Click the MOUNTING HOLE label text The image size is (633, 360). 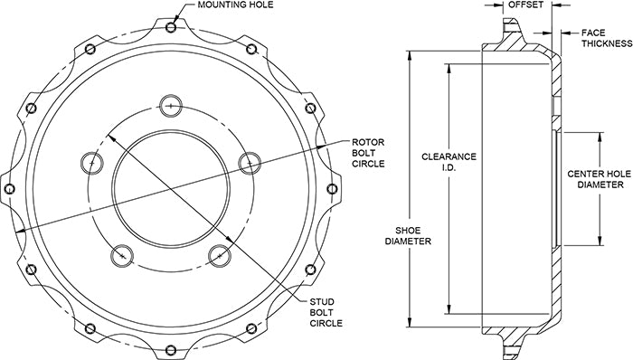point(235,5)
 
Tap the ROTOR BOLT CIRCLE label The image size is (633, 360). point(368,153)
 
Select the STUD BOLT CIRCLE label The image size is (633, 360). point(326,312)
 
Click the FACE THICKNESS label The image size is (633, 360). point(607,38)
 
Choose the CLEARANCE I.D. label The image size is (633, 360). point(449,161)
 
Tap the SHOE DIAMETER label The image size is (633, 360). point(408,236)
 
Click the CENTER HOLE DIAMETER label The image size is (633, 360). point(599,179)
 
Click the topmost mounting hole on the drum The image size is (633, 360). point(171,27)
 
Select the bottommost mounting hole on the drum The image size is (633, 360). point(171,349)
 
